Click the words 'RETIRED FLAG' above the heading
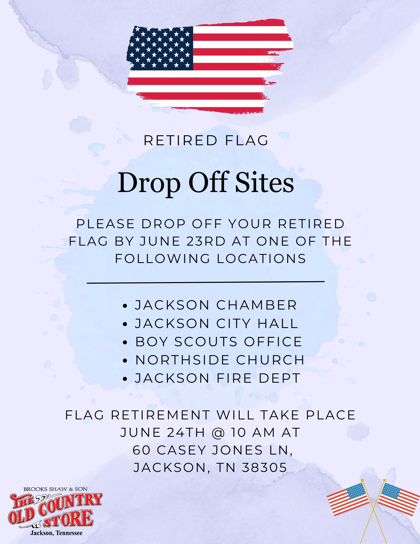pos(206,140)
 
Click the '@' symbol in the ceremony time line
pos(218,432)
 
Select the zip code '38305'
pos(264,467)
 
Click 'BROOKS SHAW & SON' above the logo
pos(55,489)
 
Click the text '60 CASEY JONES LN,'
pos(213,450)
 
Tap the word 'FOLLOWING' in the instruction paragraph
pos(163,258)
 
